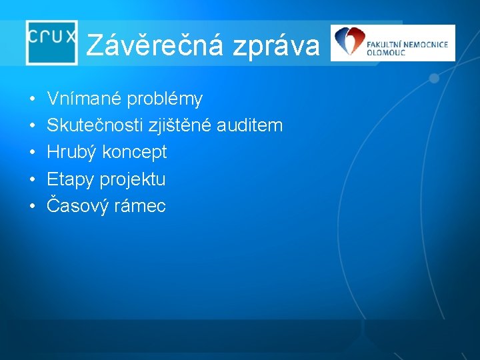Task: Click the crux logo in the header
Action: click(x=52, y=41)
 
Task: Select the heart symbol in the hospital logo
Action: click(x=347, y=42)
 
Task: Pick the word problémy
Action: click(x=165, y=100)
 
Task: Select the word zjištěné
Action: click(x=179, y=126)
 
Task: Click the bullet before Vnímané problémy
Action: click(x=33, y=100)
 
